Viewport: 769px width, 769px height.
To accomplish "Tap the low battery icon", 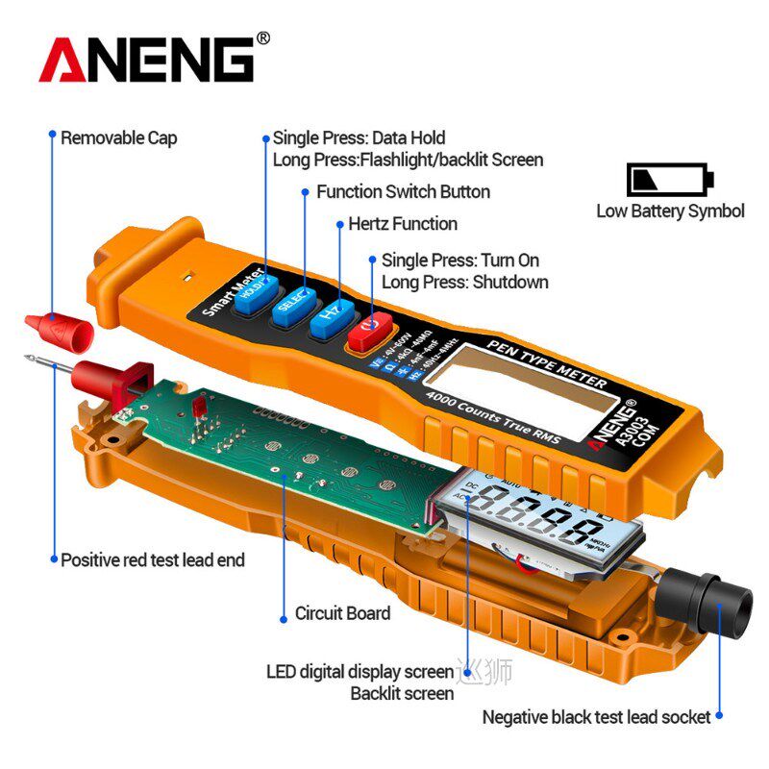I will click(x=670, y=179).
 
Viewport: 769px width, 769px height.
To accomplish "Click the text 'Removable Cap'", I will click(x=118, y=137).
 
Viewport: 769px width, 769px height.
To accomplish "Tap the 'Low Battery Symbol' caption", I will click(x=670, y=211).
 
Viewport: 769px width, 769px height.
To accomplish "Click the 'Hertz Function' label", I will click(x=402, y=224).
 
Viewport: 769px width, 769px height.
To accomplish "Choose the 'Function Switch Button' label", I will click(x=403, y=191).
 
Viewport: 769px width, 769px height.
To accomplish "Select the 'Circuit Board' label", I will click(x=341, y=612).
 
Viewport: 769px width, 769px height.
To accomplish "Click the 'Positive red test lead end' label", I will click(x=152, y=559).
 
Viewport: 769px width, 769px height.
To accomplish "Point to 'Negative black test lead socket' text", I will click(x=595, y=716).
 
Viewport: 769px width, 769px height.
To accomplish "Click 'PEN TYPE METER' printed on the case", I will click(x=546, y=362).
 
